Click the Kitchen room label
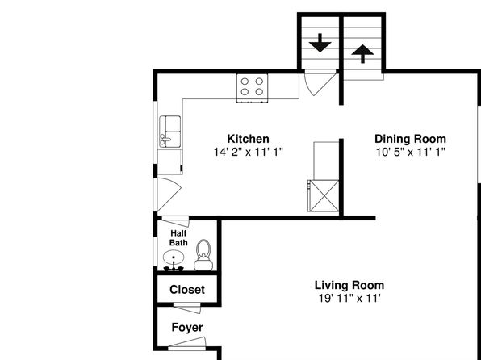pos(249,139)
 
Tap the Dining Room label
pos(411,139)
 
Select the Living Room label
pos(349,285)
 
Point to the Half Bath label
pos(178,238)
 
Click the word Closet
pos(187,290)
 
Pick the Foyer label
pos(187,328)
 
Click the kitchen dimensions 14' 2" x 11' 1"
pos(249,152)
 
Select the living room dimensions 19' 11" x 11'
pos(349,299)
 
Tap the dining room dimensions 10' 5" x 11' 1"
pos(411,152)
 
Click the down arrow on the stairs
pos(320,43)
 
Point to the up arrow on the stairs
pos(362,54)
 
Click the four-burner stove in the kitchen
pos(252,88)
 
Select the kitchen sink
pos(169,132)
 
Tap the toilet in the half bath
pos(203,255)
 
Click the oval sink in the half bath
pos(174,257)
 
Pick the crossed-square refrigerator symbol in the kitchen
pos(324,196)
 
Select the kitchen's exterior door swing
pos(169,195)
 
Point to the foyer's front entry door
pos(186,344)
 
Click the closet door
pos(186,308)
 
